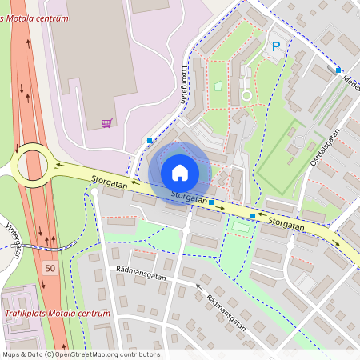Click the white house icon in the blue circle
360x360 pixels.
pos(180,173)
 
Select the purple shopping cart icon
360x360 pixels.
pos(106,123)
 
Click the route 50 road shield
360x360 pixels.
pos(50,267)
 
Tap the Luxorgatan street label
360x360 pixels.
pos(184,85)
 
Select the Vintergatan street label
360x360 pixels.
pos(11,241)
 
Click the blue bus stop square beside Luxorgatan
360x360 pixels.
pos(150,141)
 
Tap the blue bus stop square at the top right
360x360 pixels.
pos(338,70)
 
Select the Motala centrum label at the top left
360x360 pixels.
pos(37,17)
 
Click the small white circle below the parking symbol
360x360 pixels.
pos(246,95)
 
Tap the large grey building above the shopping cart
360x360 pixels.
pos(88,48)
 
